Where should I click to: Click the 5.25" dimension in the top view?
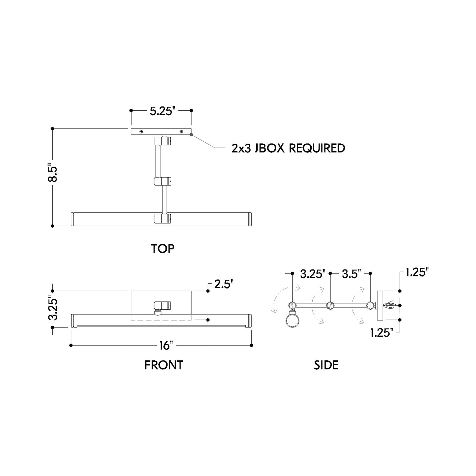point(161,111)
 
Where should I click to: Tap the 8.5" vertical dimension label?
point(53,174)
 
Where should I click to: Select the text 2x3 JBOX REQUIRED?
point(288,148)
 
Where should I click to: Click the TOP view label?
point(162,249)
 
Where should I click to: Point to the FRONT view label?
point(163,365)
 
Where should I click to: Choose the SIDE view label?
point(326,365)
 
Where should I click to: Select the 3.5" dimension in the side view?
point(351,274)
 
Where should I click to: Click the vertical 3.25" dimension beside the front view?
point(53,309)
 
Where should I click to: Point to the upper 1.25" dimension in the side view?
point(417,272)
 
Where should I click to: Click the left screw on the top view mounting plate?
point(141,132)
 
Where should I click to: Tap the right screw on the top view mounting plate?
point(182,132)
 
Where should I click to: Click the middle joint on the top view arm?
point(163,181)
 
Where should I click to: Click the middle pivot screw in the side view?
point(330,306)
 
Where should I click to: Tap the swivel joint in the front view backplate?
point(163,306)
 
